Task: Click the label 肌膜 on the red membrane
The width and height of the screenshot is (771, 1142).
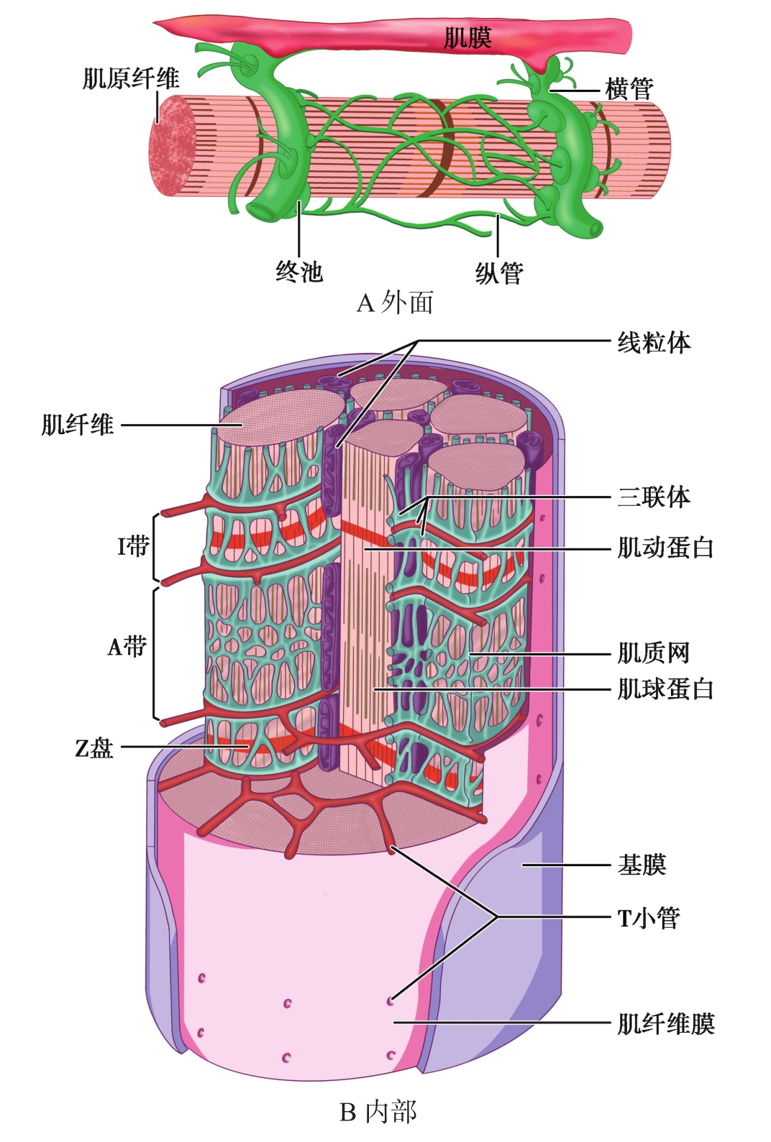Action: (x=467, y=37)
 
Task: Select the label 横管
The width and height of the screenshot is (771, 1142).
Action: (x=629, y=90)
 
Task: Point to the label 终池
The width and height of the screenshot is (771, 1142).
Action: (x=299, y=272)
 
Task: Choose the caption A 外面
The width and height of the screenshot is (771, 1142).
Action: (x=395, y=303)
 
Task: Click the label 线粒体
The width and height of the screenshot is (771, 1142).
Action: (x=653, y=343)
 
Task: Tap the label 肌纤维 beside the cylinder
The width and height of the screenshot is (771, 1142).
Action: (x=77, y=425)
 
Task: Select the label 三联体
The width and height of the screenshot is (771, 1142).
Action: (x=653, y=497)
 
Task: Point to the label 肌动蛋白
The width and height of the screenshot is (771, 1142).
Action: (x=665, y=548)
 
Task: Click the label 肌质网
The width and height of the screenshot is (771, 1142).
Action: (x=653, y=653)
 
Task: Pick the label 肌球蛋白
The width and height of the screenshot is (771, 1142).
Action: (x=665, y=689)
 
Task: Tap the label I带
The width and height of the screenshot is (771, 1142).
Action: (x=132, y=546)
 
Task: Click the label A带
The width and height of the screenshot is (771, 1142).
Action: (x=127, y=647)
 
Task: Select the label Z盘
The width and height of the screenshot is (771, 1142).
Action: (x=94, y=748)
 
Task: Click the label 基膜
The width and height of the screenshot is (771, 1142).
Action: (x=642, y=865)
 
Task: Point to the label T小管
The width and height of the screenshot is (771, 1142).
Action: (x=648, y=918)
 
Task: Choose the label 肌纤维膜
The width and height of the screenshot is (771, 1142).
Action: (x=665, y=1023)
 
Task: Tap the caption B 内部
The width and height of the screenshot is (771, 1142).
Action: (x=378, y=1113)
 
